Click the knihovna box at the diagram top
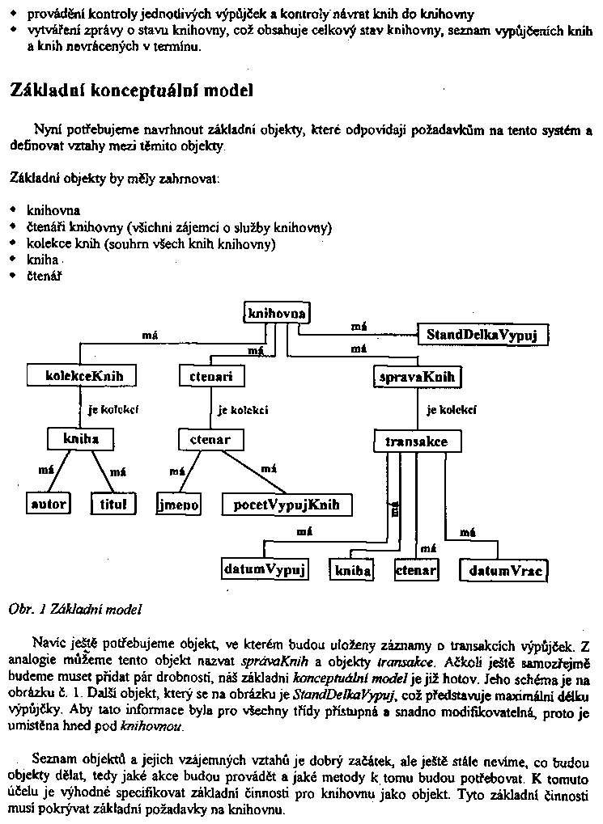coord(276,313)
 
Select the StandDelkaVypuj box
coord(483,334)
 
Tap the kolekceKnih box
coord(79,376)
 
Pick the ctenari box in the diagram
coord(210,376)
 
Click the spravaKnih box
coord(417,377)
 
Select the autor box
coord(48,504)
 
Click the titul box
coord(113,504)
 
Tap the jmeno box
coord(178,505)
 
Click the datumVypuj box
coord(265,569)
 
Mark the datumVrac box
coord(503,570)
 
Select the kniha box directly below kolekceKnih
coord(80,439)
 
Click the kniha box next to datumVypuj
coord(352,570)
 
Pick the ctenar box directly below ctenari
coord(210,440)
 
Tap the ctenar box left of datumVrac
coord(416,570)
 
